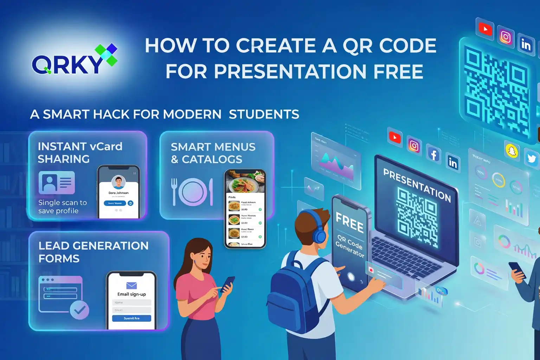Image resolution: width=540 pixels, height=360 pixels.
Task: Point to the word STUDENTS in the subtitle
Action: click(264, 115)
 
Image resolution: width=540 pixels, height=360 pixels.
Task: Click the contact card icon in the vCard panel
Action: click(57, 182)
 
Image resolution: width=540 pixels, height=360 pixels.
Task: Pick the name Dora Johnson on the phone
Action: click(118, 193)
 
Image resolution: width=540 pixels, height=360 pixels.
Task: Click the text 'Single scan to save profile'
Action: click(62, 207)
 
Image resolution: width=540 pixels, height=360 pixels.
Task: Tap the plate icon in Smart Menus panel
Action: click(193, 192)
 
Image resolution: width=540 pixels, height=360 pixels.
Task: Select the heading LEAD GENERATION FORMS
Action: click(93, 252)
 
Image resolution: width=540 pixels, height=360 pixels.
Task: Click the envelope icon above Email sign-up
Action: click(131, 285)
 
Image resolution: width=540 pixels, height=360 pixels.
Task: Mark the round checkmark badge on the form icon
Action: click(79, 310)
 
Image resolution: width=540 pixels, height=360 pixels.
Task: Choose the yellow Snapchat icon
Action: click(512, 151)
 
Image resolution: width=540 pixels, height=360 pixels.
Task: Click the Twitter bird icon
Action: click(532, 159)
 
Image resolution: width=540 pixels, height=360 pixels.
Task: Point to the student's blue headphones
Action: click(319, 232)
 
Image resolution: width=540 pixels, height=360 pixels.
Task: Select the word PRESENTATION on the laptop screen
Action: click(417, 185)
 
